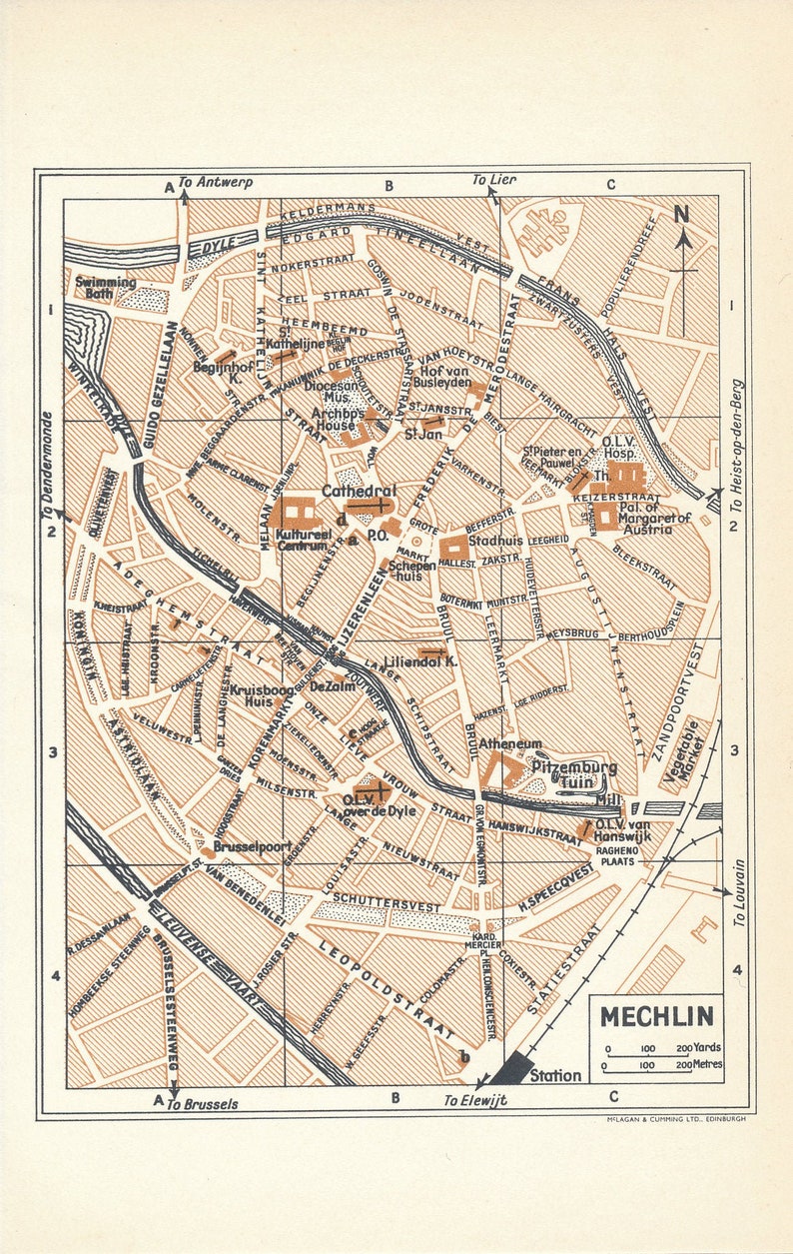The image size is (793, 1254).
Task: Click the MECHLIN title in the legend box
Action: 656,1017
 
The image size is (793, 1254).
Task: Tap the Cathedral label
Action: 359,491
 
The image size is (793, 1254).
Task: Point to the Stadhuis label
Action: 496,541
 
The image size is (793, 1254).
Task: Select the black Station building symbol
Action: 511,1067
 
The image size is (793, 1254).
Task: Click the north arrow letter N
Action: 682,213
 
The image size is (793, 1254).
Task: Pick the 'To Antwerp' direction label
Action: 215,183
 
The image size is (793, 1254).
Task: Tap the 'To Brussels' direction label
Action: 202,1104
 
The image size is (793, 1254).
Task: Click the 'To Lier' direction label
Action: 494,180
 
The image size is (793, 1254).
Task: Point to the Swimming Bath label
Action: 105,288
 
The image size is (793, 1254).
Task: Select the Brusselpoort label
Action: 251,845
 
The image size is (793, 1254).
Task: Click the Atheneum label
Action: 509,744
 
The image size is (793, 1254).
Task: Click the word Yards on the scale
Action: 707,1047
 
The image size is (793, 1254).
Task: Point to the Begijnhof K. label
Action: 221,373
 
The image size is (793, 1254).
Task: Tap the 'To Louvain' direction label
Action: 739,892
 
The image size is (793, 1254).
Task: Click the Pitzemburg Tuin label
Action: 573,774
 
